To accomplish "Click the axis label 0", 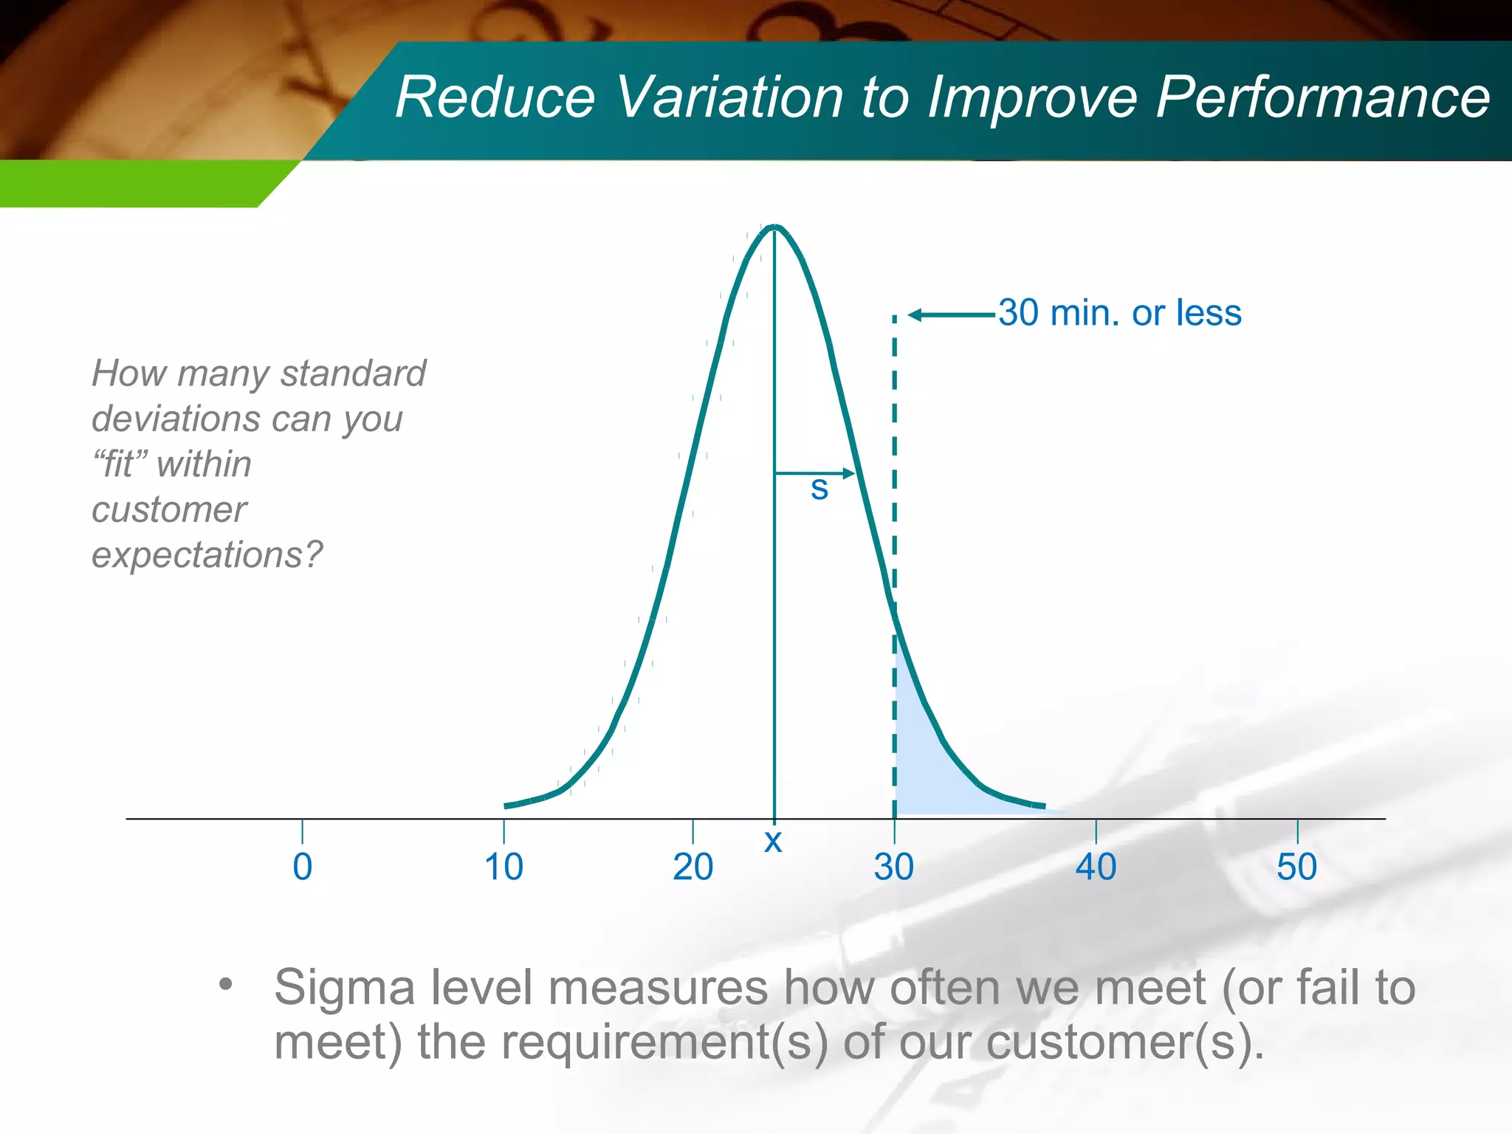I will pos(302,867).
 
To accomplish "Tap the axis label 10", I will pos(504,867).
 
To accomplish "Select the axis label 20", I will pos(693,867).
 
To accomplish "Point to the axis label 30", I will pos(894,867).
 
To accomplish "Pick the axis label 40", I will pos(1096,867).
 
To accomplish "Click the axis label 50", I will pos(1296,867).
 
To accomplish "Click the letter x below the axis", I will pos(773,841).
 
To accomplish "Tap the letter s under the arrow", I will pos(819,489).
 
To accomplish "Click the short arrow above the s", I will pos(814,472).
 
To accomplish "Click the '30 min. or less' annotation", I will pos(1120,313).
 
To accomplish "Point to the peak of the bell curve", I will pos(774,227).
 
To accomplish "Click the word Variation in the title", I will pos(729,97).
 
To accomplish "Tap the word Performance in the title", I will pos(1322,97).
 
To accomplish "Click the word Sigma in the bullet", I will pos(345,987).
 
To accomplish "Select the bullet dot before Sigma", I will pos(226,984).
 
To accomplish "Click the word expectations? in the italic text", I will pos(207,555).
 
